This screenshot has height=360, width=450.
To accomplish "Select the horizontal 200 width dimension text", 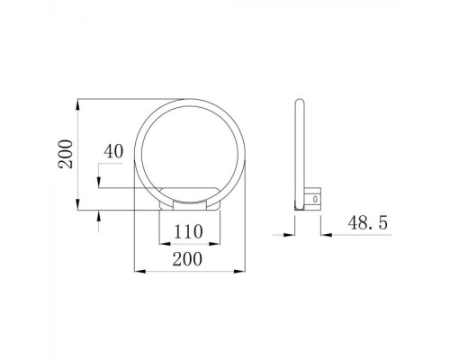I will click(186, 258).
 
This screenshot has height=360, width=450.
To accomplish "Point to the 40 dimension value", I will click(112, 151).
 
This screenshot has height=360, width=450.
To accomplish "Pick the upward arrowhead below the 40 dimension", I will click(100, 214).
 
